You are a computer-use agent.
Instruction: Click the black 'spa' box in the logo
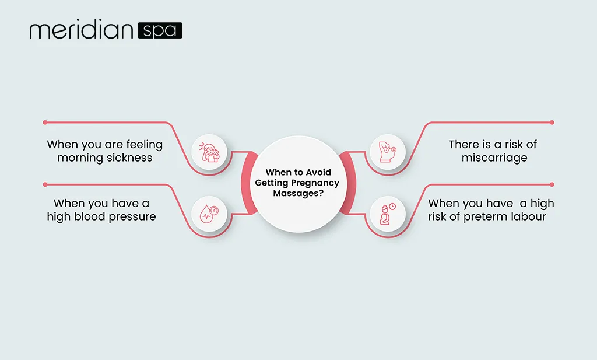coord(160,30)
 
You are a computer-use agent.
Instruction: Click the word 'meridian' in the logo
coord(81,29)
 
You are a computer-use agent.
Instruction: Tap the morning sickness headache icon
coord(209,152)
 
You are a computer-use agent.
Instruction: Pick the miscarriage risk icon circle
coord(388,152)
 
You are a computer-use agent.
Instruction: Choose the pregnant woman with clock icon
coord(388,214)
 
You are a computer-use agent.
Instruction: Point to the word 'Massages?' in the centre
coord(298,193)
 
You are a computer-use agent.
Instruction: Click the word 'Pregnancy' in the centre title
coord(314,183)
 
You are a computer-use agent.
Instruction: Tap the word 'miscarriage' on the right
coord(494,158)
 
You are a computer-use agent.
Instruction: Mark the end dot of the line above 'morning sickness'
coord(45,123)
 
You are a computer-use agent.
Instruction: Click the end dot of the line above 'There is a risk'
coord(552,123)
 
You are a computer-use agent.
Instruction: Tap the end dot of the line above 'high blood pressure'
coord(45,184)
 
